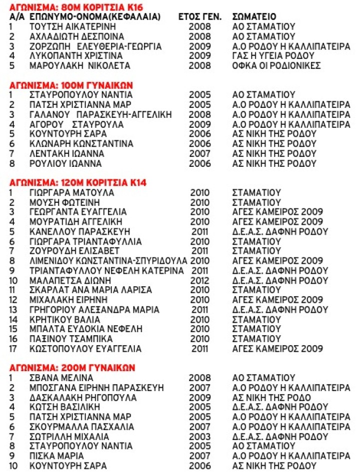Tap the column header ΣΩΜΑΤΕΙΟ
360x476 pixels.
[x=254, y=16]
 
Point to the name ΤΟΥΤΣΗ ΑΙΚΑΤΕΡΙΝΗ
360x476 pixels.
[x=72, y=26]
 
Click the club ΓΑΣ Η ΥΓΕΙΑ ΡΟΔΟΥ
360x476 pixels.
[x=272, y=55]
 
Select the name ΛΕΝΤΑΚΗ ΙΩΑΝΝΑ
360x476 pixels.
[x=67, y=153]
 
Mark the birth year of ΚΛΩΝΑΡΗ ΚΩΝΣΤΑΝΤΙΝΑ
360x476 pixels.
[x=199, y=143]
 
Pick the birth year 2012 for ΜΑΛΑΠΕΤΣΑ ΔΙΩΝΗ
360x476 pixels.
[x=200, y=281]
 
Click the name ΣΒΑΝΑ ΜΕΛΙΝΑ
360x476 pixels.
[x=61, y=378]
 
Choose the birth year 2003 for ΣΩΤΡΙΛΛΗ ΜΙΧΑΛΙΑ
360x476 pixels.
[x=199, y=437]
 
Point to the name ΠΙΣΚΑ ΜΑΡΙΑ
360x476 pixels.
[x=56, y=456]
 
